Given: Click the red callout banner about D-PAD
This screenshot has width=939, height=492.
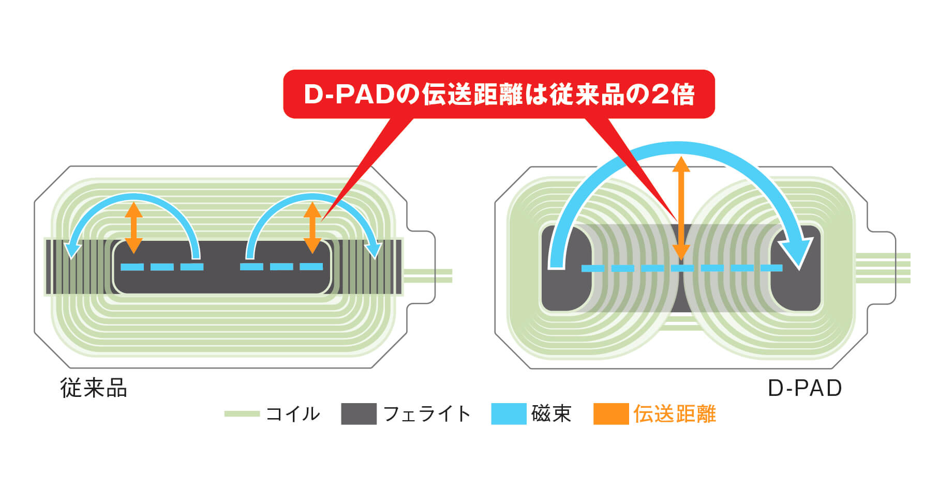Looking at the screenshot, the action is [499, 94].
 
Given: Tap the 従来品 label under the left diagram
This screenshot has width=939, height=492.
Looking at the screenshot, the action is [94, 388].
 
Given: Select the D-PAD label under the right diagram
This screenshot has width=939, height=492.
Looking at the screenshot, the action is [804, 388].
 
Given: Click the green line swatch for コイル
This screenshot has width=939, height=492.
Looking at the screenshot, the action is [242, 414].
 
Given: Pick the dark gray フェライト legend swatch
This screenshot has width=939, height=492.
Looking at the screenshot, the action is [359, 414].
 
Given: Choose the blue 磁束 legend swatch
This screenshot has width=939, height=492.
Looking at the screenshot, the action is [509, 414].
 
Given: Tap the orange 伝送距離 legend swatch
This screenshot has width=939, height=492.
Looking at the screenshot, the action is [611, 414].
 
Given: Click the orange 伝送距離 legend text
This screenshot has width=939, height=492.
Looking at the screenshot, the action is [675, 414].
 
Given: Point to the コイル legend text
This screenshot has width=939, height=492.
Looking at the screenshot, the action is [293, 414].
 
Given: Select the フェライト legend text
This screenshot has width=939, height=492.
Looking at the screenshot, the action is [427, 414].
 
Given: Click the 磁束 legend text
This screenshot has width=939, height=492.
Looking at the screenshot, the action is [551, 414].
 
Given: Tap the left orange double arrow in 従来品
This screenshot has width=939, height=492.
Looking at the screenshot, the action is [133, 227].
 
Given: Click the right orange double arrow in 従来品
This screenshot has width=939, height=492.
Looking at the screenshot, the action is [312, 227].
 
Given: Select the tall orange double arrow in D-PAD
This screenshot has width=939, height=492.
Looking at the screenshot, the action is [681, 208].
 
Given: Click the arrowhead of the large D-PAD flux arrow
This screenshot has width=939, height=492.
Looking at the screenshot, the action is [800, 248].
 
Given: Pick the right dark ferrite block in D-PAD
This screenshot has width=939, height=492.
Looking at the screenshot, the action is [796, 268].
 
